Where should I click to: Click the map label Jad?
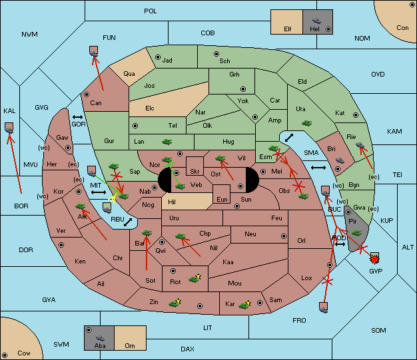point(167,61)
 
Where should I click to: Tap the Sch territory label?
point(224,61)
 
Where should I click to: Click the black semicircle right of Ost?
point(250,180)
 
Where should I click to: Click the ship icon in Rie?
point(361,144)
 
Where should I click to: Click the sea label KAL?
point(9,110)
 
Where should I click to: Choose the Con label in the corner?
point(402,28)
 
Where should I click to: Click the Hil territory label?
point(172,202)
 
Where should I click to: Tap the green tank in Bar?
point(147,233)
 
